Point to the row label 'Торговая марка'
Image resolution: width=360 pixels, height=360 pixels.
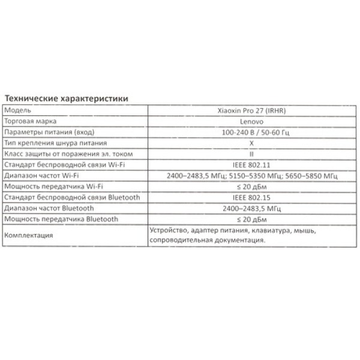click(x=30, y=121)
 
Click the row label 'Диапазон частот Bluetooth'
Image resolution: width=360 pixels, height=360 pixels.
click(x=50, y=208)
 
